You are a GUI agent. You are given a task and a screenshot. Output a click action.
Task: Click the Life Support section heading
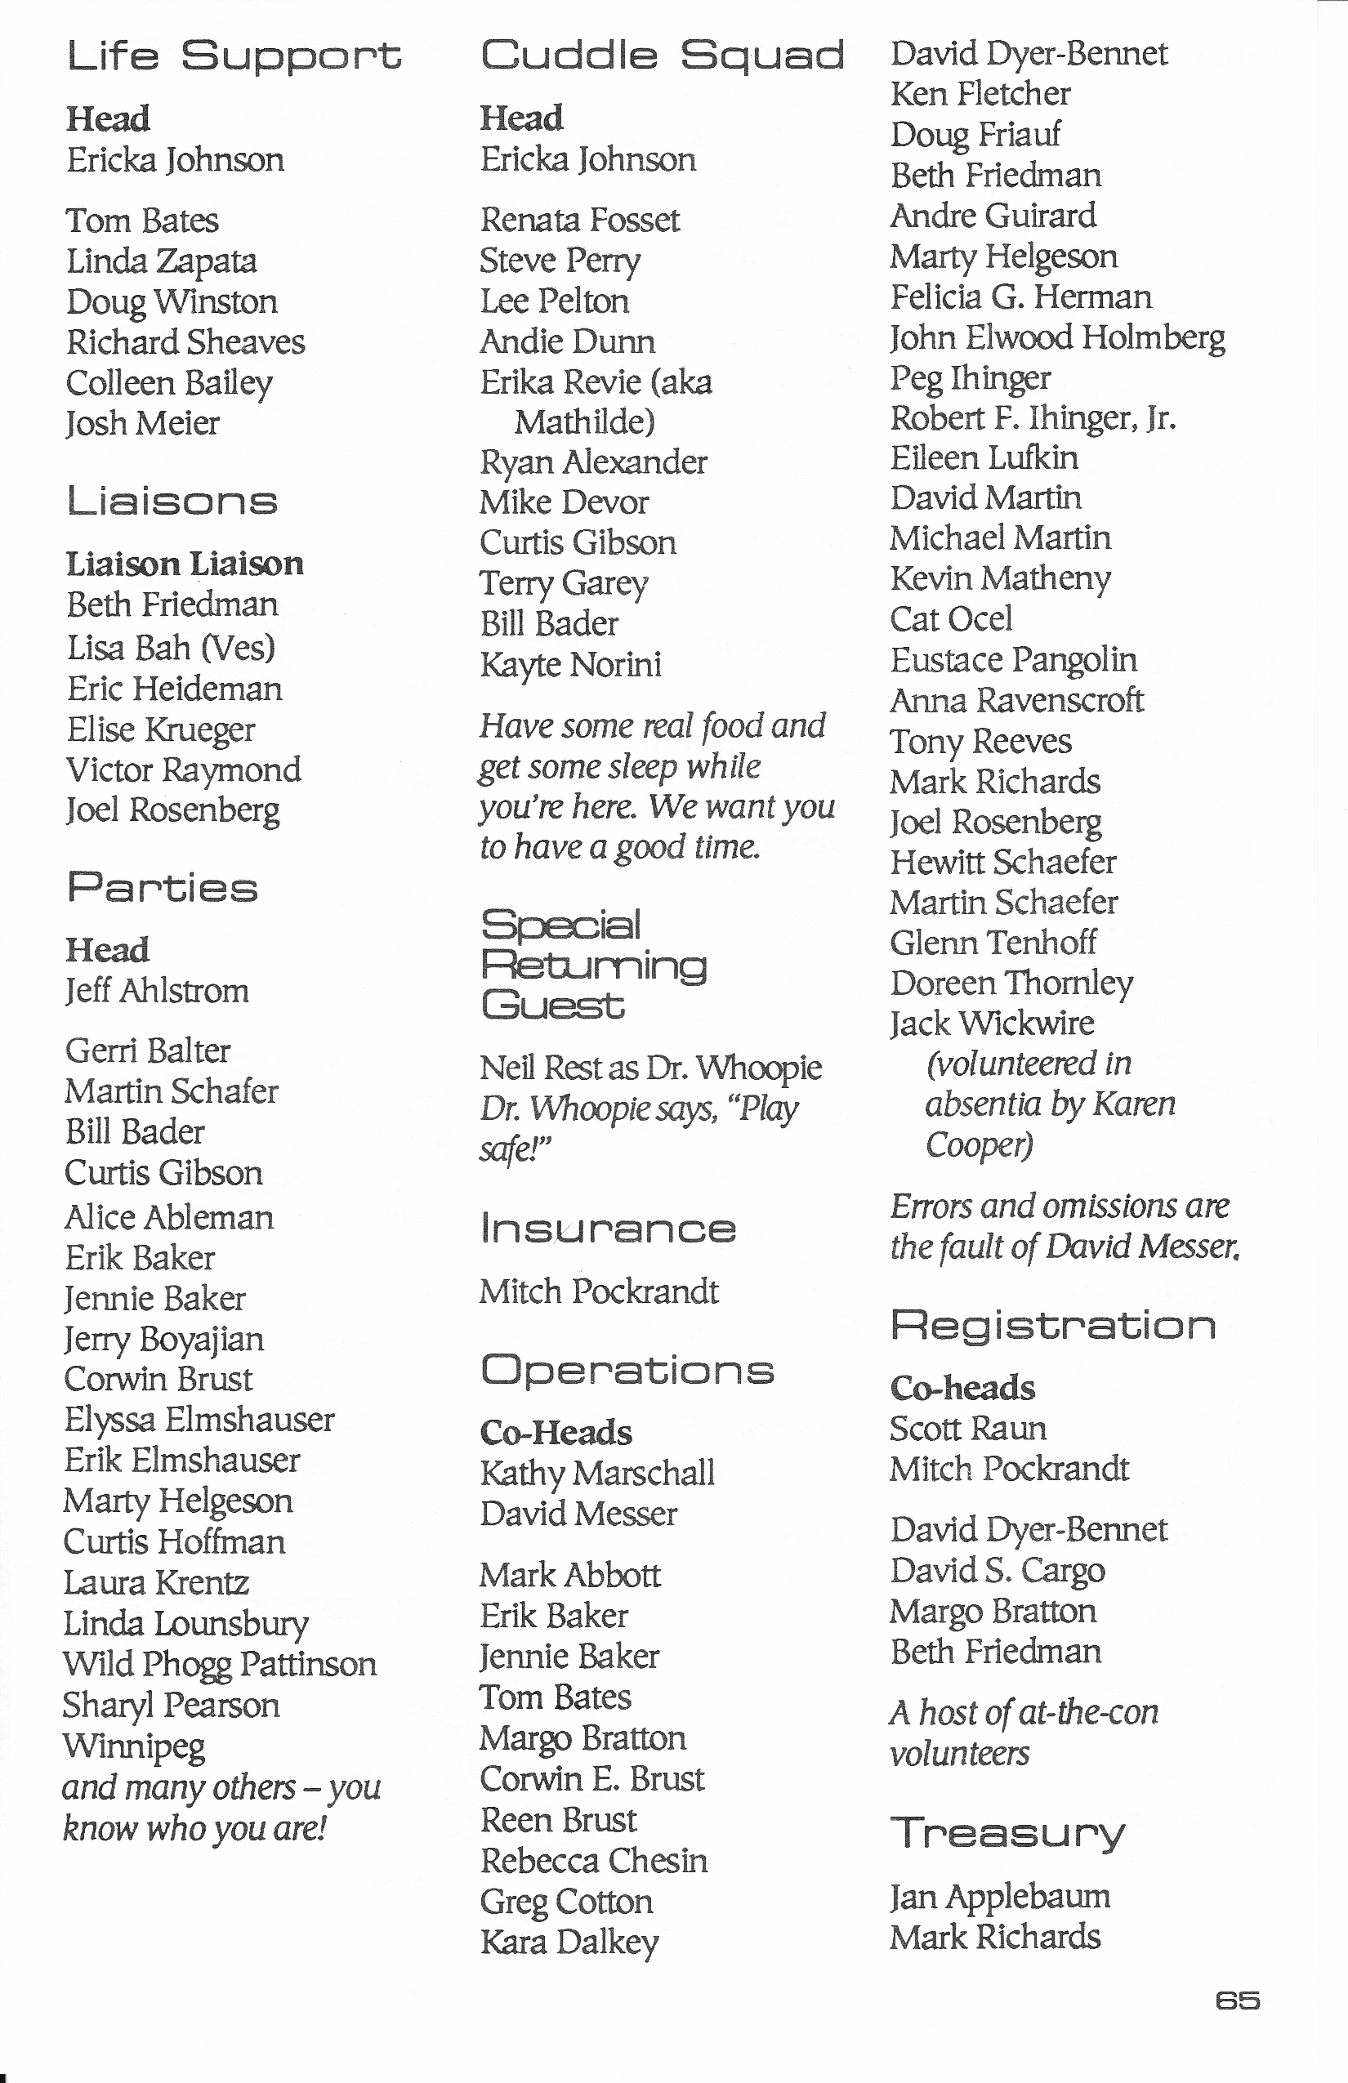pos(233,56)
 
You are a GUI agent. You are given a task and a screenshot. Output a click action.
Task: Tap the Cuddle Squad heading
pos(662,56)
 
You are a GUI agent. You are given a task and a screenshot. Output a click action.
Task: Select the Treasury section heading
pos(1007,1834)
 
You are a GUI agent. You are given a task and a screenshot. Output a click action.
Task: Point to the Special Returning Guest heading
pos(593,966)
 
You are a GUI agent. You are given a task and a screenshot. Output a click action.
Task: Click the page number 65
pos(1237,2000)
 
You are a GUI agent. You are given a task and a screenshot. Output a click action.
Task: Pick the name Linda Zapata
pos(162,261)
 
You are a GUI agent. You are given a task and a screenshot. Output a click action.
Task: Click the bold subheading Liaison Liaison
pos(185,564)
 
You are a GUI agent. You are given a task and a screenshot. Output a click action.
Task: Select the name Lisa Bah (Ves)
pos(172,648)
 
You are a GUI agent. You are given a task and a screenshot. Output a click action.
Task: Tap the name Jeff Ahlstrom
pos(158,991)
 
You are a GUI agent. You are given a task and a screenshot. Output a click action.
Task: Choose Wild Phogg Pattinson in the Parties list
pos(220,1664)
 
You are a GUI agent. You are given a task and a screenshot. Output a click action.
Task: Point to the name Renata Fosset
pos(579,220)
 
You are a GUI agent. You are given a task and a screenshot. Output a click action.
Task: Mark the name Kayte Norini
pos(571,664)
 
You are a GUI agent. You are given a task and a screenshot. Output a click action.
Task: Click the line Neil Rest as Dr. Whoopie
pos(650,1068)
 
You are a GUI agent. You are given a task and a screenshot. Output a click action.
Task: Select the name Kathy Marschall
pos(597,1473)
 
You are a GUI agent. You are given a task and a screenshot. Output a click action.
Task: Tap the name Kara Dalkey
pos(569,1942)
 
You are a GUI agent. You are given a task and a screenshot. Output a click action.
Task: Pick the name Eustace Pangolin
pos(1014,660)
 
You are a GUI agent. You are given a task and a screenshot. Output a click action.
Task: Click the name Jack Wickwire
pos(992,1023)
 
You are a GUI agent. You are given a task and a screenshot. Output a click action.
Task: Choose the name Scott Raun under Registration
pos(968,1429)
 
